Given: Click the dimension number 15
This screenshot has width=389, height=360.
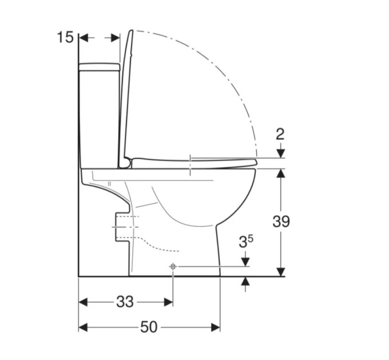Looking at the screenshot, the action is pos(65,37).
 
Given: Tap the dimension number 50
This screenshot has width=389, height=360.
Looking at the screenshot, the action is pos(149,327).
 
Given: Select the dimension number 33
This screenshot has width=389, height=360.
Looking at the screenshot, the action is pos(125,302).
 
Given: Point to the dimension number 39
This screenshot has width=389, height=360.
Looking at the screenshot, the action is pos(281,221).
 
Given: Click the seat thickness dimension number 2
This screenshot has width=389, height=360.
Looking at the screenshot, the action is pos(280,134).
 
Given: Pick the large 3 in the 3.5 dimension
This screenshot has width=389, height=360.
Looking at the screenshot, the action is pos(243,242).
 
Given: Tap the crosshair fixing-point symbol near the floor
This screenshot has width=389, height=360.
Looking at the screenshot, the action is pos(173,267).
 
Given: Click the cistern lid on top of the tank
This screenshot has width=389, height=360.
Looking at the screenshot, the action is pos(99,67).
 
